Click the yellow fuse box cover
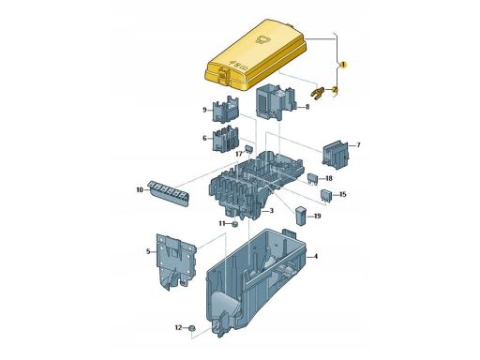(x=255, y=55)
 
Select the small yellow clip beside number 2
(x=317, y=93)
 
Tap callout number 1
(x=343, y=65)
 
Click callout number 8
(x=307, y=107)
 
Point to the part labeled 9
(x=226, y=109)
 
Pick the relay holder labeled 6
(x=226, y=139)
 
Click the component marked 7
(x=335, y=155)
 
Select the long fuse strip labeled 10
(x=169, y=193)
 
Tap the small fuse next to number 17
(x=248, y=148)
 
